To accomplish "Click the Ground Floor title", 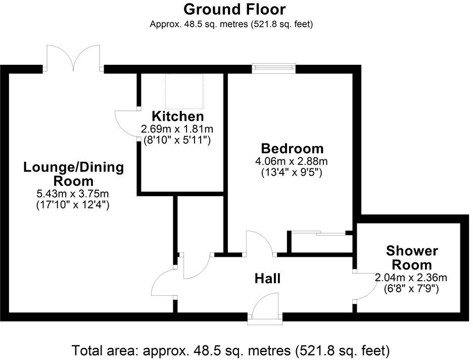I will (234, 9).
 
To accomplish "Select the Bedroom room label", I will (292, 149).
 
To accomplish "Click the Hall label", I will (267, 278).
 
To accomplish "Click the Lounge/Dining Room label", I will (73, 174).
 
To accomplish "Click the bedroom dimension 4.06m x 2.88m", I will (292, 161).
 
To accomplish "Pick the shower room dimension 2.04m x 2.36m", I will (411, 278).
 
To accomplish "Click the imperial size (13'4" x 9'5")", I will (292, 172).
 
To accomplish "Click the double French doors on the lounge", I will (74, 57).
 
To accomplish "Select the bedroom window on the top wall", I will (273, 68).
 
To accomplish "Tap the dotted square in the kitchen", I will (184, 91).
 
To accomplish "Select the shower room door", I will (365, 287).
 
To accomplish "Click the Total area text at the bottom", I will (231, 350).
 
